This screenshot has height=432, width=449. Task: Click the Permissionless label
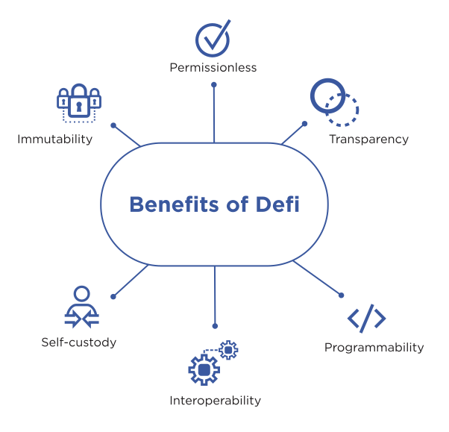[214, 68]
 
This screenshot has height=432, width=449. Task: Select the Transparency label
[369, 140]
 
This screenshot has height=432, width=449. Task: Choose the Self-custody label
[79, 342]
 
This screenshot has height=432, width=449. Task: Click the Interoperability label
[215, 401]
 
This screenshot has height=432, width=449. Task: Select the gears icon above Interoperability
[213, 362]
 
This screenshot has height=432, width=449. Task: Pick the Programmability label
[374, 348]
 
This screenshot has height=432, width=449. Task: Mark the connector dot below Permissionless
[214, 84]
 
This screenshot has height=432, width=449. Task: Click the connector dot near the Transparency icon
[304, 123]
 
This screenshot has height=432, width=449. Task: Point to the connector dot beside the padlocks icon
[113, 125]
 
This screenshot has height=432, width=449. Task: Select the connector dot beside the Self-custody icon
[113, 296]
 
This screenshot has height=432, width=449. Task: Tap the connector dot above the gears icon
[215, 326]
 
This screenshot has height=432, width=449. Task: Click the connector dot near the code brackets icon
[342, 295]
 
